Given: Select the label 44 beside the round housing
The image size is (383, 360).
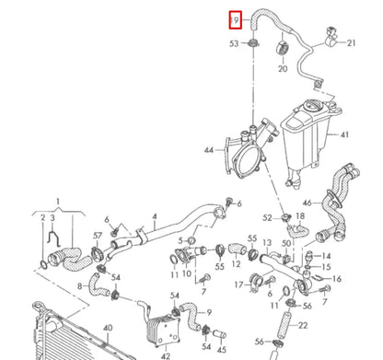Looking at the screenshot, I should (209, 148).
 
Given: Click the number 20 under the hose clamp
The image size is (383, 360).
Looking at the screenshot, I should (283, 68).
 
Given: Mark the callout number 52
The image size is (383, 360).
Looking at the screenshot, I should (267, 217).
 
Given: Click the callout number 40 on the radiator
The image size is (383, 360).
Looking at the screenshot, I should (107, 328).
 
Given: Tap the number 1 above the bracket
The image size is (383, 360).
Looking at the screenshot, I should (57, 200).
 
